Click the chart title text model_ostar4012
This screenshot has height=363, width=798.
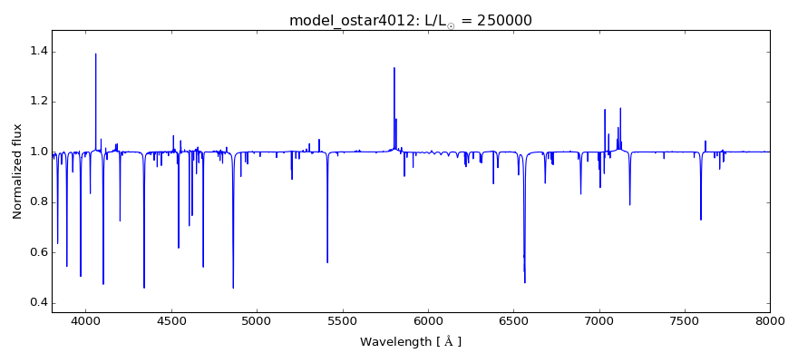click(x=348, y=20)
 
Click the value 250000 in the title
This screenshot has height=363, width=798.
click(x=500, y=20)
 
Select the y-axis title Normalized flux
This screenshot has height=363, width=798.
click(x=17, y=172)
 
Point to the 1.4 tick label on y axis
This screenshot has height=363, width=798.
click(x=36, y=52)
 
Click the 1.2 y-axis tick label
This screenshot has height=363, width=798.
click(x=36, y=102)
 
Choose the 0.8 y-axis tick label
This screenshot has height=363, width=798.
click(x=36, y=202)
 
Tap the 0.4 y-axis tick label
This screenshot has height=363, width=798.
click(x=36, y=302)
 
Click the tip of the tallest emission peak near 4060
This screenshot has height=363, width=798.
click(x=96, y=54)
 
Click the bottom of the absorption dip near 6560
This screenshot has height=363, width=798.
click(x=524, y=282)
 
